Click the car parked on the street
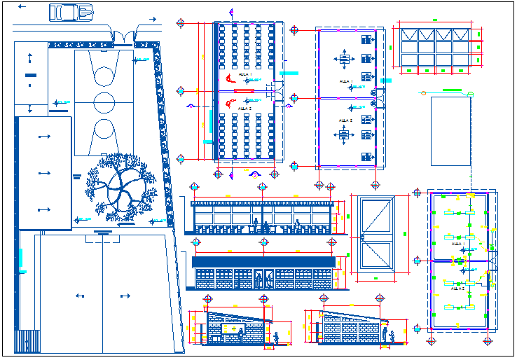click(71, 12)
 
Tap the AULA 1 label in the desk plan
click(244, 74)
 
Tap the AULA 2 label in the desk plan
click(244, 109)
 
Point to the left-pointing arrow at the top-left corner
click(23, 6)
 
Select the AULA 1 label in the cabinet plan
click(345, 81)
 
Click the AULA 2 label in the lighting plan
click(458, 288)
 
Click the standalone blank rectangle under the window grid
click(450, 131)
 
